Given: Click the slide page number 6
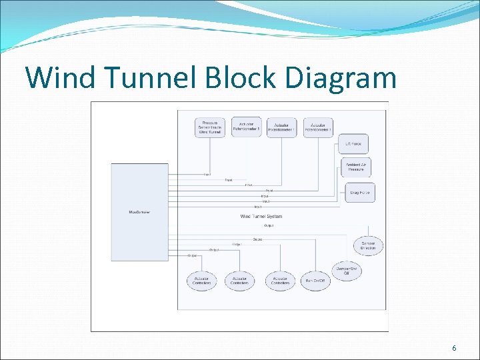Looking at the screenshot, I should [454, 349].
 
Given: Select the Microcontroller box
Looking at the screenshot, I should [139, 212].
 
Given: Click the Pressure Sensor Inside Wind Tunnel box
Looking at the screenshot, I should [211, 127].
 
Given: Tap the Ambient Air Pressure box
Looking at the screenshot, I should [355, 167].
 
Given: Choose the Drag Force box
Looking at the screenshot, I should [359, 193].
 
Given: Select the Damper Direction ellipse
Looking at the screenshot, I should [368, 245].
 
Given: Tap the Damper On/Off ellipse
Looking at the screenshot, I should [347, 271].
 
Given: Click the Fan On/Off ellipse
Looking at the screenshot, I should [315, 281].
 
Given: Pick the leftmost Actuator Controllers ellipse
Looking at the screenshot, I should [202, 281].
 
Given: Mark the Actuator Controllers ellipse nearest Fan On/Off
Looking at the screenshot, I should [280, 281].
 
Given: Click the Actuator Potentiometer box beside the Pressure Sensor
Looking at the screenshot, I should [247, 127].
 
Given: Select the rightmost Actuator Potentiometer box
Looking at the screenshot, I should [318, 127].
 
